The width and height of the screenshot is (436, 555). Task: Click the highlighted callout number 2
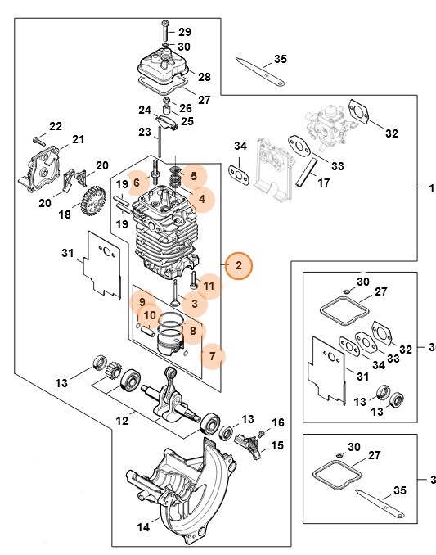[239, 265]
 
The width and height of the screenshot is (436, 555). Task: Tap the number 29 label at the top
[185, 30]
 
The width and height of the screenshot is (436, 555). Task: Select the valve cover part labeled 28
[167, 64]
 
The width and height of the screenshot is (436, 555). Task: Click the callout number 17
[324, 183]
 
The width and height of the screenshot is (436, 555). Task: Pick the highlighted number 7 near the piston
[213, 356]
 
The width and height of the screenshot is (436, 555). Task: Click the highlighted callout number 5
[194, 175]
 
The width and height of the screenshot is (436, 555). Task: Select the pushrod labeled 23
[277, 422]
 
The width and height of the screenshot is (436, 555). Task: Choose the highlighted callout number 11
[208, 286]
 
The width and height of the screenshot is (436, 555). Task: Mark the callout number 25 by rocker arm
[187, 121]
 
